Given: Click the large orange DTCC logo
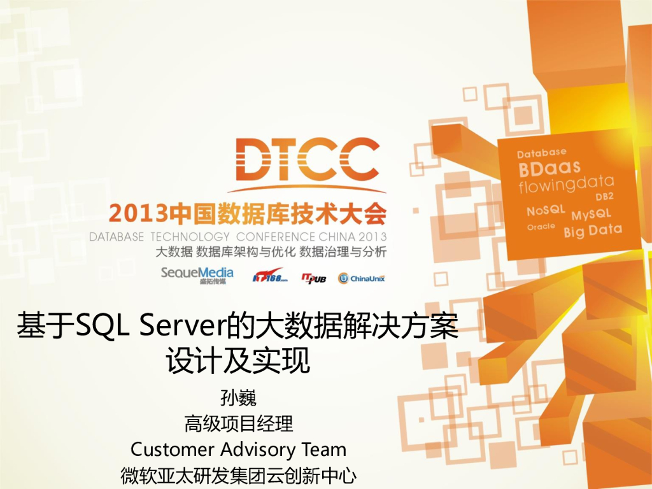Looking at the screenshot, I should click(x=306, y=162).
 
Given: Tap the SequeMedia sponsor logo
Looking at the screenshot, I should click(x=197, y=274).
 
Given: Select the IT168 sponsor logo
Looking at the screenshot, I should click(x=270, y=277).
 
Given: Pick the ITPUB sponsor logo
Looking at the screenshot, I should click(x=314, y=277).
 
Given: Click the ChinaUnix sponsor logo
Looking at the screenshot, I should click(x=362, y=278).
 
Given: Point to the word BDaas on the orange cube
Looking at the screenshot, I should click(x=549, y=169).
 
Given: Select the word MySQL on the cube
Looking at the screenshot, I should click(x=591, y=213).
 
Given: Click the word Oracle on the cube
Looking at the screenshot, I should click(x=541, y=227).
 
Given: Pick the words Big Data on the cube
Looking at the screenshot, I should click(x=592, y=230).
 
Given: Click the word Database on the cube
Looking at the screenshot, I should click(x=541, y=153).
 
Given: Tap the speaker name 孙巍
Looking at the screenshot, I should click(x=238, y=399).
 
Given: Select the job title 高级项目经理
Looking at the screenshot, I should click(x=238, y=423).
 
